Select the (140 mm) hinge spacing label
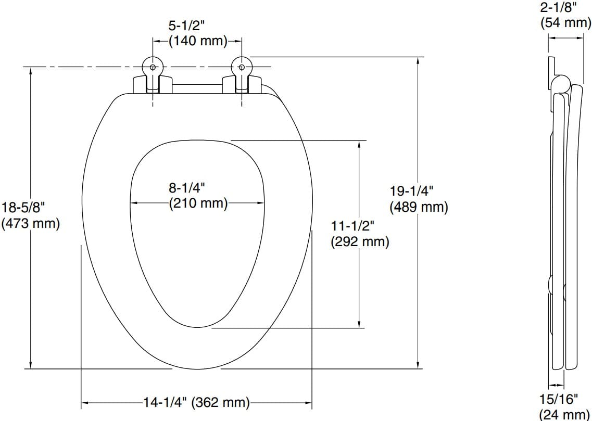coord(198,41)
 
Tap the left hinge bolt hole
coord(152,67)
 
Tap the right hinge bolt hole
coord(241,67)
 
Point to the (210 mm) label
coord(198,203)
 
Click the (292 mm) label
coord(360,242)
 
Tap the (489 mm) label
coord(419,207)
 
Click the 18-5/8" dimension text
coord(23,208)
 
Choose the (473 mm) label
coord(31,224)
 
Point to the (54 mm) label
coord(565,23)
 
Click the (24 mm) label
coord(565,415)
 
